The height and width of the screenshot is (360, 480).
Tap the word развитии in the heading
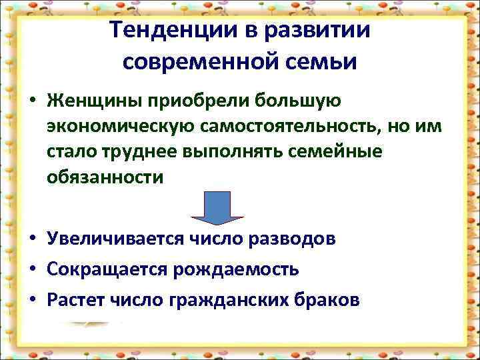pyautogui.click(x=322, y=30)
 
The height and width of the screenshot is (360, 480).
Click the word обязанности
pyautogui.click(x=105, y=177)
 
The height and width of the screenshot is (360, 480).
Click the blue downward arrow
pyautogui.click(x=218, y=207)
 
